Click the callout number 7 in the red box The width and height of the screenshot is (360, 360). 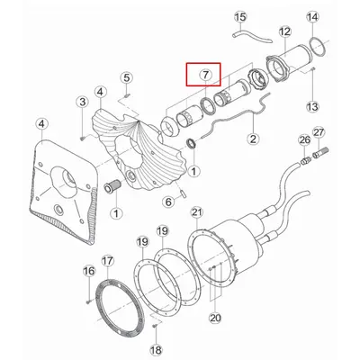pyautogui.click(x=205, y=74)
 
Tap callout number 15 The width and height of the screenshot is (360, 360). pyautogui.click(x=240, y=17)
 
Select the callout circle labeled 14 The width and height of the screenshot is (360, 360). pyautogui.click(x=312, y=17)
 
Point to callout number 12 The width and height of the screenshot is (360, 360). pyautogui.click(x=284, y=31)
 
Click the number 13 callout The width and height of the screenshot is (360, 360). pyautogui.click(x=312, y=106)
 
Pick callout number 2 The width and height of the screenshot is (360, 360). pyautogui.click(x=253, y=139)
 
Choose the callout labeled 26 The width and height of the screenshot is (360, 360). pyautogui.click(x=304, y=139)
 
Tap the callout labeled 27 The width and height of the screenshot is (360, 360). pyautogui.click(x=319, y=132)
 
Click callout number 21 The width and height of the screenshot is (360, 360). pyautogui.click(x=197, y=212)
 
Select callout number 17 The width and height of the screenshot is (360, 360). pyautogui.click(x=108, y=261)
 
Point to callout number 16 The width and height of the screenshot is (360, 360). pyautogui.click(x=89, y=271)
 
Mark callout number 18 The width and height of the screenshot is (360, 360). pyautogui.click(x=156, y=350)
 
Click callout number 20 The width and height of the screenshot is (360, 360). pyautogui.click(x=215, y=318)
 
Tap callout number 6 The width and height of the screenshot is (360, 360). pyautogui.click(x=168, y=202)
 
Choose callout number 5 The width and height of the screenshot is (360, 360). pyautogui.click(x=127, y=78)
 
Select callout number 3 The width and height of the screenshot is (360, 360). pyautogui.click(x=82, y=102)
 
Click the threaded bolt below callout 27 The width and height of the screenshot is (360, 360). pyautogui.click(x=320, y=152)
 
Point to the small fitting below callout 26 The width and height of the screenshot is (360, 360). pyautogui.click(x=305, y=159)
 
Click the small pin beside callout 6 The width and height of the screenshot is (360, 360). pyautogui.click(x=184, y=192)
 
